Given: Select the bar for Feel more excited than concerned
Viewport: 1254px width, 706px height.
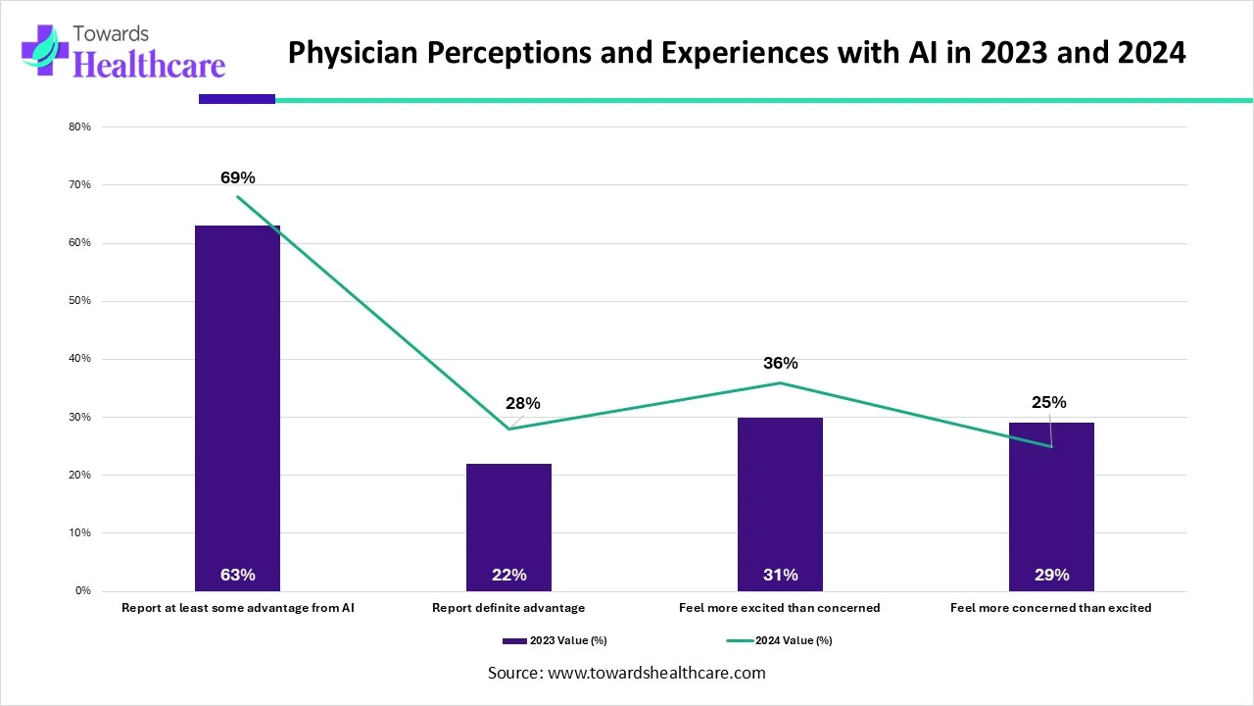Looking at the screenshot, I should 780,490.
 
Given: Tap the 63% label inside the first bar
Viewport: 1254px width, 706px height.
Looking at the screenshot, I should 237,575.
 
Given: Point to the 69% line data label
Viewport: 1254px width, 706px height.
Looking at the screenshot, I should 237,177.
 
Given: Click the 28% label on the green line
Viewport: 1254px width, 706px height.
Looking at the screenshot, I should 522,403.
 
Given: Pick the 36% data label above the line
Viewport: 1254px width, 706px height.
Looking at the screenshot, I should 780,363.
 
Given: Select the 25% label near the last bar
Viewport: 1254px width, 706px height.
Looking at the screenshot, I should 1048,402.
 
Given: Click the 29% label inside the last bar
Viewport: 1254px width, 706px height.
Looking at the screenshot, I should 1051,575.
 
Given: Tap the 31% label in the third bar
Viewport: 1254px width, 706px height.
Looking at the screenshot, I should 780,575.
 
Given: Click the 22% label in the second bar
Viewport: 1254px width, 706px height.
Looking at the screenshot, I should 508,575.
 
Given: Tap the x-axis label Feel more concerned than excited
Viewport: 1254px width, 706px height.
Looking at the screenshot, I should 1050,608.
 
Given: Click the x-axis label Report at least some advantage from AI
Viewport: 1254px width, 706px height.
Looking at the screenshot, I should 237,608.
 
